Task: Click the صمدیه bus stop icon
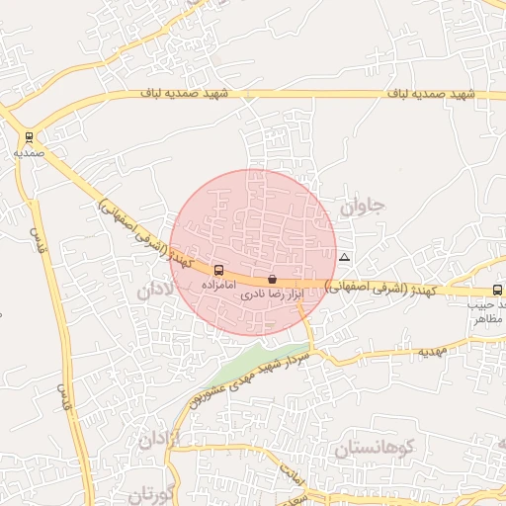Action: click(29, 138)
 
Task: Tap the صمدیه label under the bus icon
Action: click(29, 153)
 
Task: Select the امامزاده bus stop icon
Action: click(218, 270)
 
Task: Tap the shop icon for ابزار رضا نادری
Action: click(272, 280)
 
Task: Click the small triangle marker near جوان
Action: click(344, 257)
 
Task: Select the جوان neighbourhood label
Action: click(362, 208)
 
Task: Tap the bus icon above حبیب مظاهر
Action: click(497, 291)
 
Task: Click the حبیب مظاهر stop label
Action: click(486, 312)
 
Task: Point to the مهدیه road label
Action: click(432, 351)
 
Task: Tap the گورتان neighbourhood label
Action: click(151, 493)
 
